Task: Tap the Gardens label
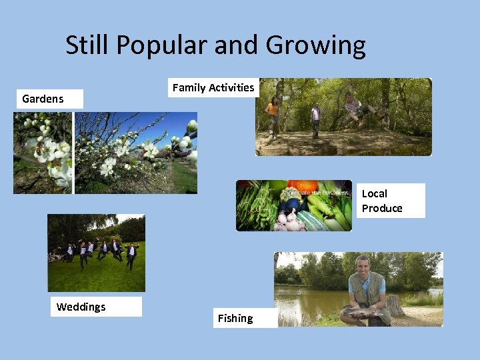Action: [43, 99]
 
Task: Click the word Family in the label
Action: [189, 87]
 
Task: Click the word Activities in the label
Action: [231, 87]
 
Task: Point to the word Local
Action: [374, 193]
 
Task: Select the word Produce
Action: [382, 208]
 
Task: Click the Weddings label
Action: [81, 307]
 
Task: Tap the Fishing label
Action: [235, 318]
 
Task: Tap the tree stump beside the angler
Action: [396, 305]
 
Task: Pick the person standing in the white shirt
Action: [315, 117]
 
